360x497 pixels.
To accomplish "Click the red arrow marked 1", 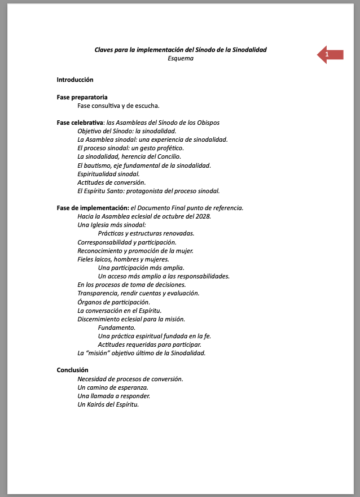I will click(331, 54).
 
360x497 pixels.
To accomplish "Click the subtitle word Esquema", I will click(181, 58).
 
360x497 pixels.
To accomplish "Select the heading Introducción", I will click(75, 80).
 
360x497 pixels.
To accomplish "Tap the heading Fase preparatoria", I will click(82, 97).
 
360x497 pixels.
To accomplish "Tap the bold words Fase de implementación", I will click(93, 208).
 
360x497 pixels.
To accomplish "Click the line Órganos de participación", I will click(113, 302).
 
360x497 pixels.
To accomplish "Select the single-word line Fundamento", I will click(117, 328).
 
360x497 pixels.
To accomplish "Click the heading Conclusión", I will click(72, 370).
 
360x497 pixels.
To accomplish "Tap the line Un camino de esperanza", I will click(113, 387).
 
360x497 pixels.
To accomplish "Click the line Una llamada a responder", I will click(113, 396).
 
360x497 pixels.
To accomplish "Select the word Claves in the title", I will click(104, 50).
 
